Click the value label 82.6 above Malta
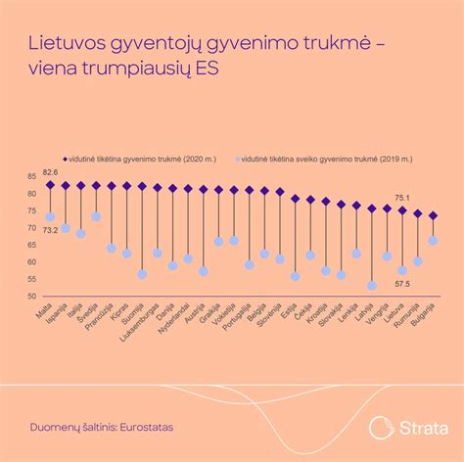coord(49,171)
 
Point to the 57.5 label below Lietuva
coord(402,284)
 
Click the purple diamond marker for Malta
coord(50,184)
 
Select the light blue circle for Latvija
coord(371,286)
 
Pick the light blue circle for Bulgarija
coord(433,241)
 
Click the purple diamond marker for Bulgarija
coord(433,215)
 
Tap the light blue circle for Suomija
coord(142,274)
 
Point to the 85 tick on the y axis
coord(31,177)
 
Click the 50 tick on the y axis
coord(31,297)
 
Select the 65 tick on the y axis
coord(31,246)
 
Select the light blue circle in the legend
coord(233,157)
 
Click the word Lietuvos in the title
coord(66,43)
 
